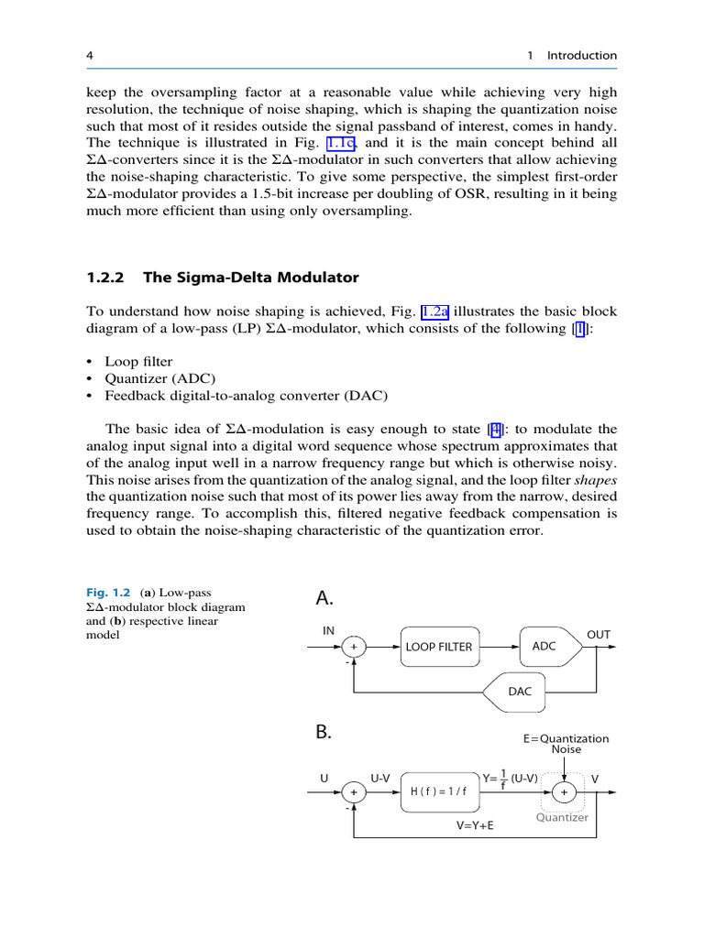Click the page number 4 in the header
90,56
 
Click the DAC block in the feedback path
519,693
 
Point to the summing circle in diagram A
353,647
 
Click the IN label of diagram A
328,630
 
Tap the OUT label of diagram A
598,634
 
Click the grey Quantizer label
562,817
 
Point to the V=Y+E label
475,824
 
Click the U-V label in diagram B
379,779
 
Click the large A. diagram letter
324,599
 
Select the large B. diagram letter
324,733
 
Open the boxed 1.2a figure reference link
434,311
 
